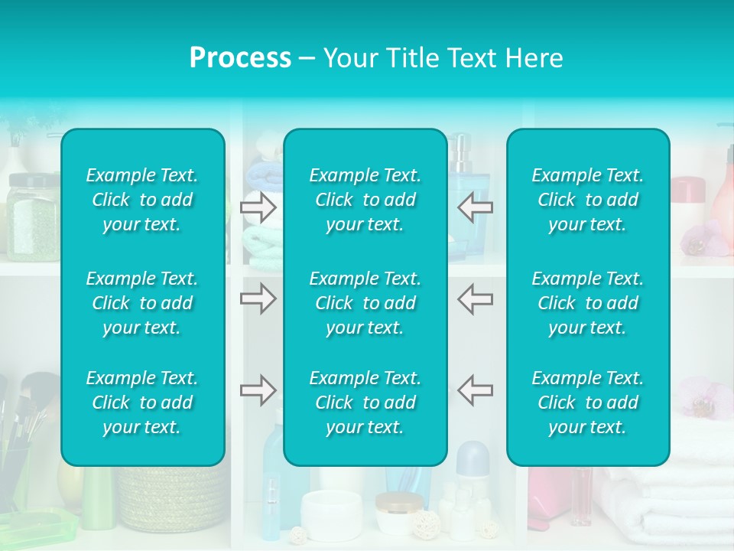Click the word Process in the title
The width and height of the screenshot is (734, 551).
[x=240, y=58]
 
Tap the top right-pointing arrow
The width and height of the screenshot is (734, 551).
[x=258, y=207]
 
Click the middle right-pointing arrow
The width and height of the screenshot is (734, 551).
[x=258, y=298]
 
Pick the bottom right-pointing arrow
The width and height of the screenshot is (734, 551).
[x=258, y=390]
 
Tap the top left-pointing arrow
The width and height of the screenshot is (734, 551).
[x=475, y=207]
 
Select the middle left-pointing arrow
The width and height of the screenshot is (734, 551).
[x=475, y=298]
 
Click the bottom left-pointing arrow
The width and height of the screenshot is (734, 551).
[x=475, y=390]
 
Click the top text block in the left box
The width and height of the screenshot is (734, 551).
[x=142, y=200]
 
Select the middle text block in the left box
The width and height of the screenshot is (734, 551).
[x=142, y=303]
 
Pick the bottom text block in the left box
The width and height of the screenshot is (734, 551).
[x=142, y=403]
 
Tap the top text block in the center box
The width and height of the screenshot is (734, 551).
[x=365, y=200]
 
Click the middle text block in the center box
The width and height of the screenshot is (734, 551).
[x=365, y=303]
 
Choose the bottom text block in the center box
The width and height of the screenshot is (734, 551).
[x=365, y=403]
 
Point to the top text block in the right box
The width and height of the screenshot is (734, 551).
[x=588, y=200]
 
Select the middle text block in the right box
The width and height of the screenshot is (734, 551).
[x=588, y=303]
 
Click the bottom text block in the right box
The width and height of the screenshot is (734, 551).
[x=588, y=403]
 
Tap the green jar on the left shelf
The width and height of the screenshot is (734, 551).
[x=32, y=218]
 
